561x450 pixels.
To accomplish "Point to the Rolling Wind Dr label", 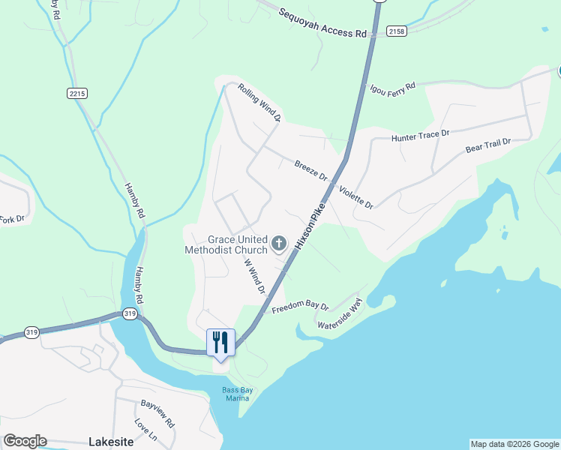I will (259, 103).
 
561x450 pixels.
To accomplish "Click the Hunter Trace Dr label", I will (420, 136).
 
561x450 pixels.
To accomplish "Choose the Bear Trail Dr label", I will (487, 145).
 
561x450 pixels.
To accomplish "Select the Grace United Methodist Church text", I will (227, 244).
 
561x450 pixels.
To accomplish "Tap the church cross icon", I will (279, 243).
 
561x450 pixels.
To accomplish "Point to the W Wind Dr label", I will (256, 277).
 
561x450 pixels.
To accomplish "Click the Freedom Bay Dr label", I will (300, 307).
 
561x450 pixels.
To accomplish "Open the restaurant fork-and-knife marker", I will (220, 342).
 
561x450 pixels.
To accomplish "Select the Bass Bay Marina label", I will (235, 394).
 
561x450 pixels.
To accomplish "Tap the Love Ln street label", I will (146, 429).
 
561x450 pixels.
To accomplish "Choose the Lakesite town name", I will (111, 442).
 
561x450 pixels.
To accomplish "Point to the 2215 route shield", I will (76, 93).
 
